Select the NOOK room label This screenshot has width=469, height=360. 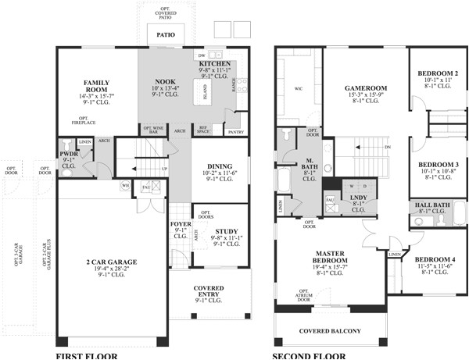[x=164, y=80]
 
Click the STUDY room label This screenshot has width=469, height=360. [x=227, y=231]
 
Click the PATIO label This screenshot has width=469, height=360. [x=165, y=35]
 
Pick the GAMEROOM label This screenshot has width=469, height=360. [x=366, y=88]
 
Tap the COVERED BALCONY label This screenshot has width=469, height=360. [x=331, y=331]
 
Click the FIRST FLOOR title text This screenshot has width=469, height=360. [x=86, y=356]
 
